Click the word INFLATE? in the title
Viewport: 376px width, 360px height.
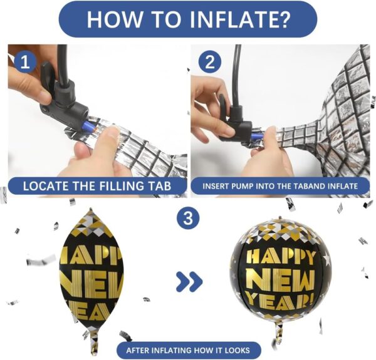tap(240, 19)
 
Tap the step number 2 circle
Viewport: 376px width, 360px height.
tap(210, 63)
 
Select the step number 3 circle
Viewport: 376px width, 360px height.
tap(188, 218)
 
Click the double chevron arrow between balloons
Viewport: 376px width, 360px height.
tap(189, 282)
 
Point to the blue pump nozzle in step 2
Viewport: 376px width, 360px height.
tap(257, 137)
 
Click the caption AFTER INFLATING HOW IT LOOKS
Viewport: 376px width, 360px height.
tap(188, 351)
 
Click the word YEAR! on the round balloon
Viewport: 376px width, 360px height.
tap(281, 300)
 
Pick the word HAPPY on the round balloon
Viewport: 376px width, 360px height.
tap(281, 257)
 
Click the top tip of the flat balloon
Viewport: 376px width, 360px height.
tap(91, 209)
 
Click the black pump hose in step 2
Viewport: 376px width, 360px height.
tap(237, 75)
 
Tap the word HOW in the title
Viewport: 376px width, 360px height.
tap(115, 19)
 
